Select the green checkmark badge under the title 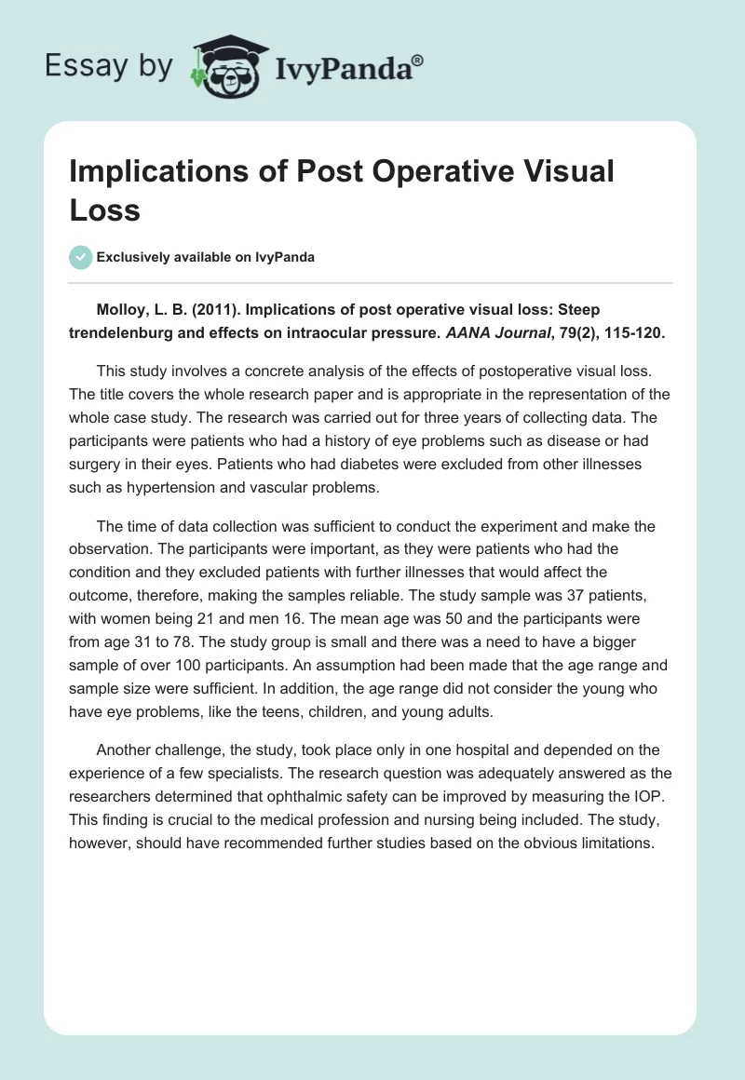tap(81, 257)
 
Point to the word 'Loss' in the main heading tap(104, 209)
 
